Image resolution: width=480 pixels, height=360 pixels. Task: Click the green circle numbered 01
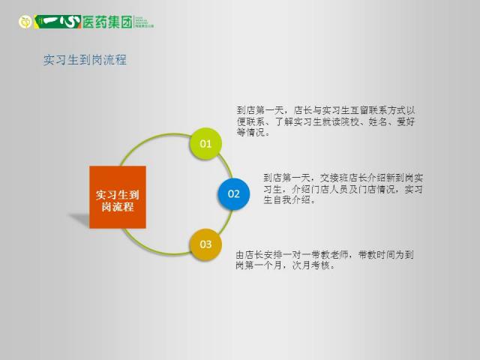point(205,143)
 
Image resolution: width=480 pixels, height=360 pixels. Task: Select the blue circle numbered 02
point(233,193)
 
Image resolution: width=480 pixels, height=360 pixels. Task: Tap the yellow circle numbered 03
point(205,244)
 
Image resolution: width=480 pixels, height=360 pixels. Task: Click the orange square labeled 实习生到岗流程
point(118,197)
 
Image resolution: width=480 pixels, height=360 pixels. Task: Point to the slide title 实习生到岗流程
point(85,60)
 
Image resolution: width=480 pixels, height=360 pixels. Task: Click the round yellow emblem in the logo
point(25,22)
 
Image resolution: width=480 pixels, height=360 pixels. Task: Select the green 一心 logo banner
point(58,22)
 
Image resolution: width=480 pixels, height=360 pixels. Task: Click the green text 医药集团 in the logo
point(107,22)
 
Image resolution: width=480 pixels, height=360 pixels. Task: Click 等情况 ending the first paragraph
point(250,133)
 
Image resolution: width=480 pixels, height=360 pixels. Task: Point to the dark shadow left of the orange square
point(79,220)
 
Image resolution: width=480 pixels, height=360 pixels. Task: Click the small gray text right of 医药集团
point(144,22)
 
